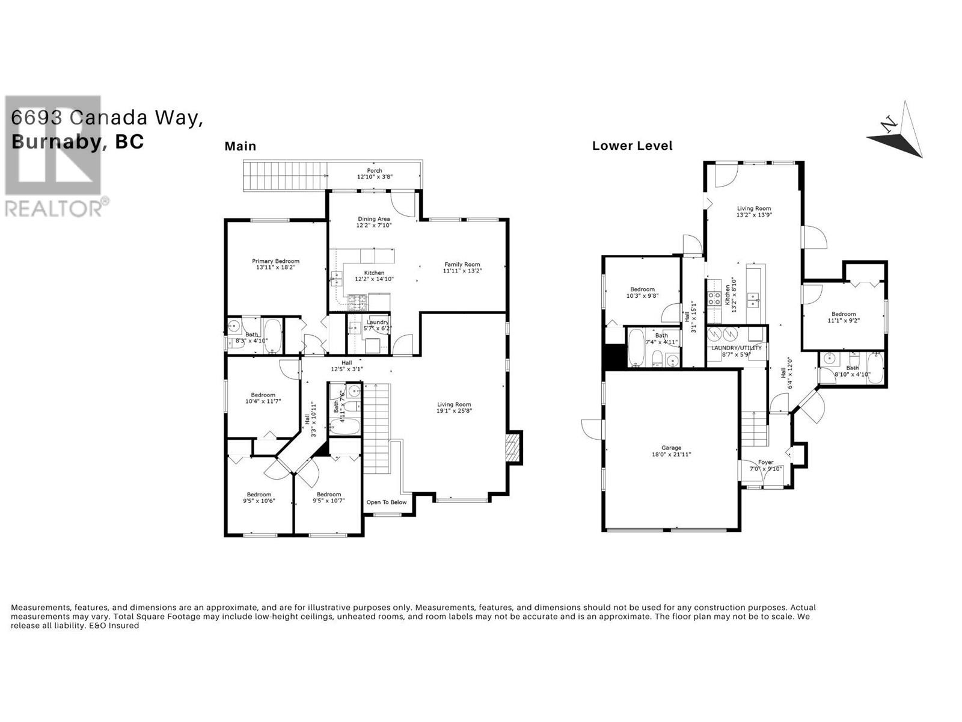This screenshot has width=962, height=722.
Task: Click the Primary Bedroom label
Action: click(x=275, y=261)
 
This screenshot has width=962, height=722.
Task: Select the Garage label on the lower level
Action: click(x=671, y=448)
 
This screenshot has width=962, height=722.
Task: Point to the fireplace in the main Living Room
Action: click(x=514, y=448)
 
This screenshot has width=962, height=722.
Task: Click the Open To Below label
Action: click(x=387, y=502)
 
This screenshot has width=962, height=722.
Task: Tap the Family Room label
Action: click(x=462, y=264)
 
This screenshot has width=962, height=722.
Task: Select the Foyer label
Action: click(x=765, y=462)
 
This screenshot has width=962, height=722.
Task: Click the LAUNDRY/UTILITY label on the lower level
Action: click(x=736, y=348)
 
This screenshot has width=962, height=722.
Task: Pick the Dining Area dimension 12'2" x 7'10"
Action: click(x=374, y=226)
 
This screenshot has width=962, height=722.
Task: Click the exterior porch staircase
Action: click(x=283, y=175)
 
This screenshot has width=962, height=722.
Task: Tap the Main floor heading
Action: click(x=240, y=146)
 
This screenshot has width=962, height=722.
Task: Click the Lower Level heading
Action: click(x=632, y=146)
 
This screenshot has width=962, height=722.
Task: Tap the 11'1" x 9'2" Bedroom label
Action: click(x=843, y=314)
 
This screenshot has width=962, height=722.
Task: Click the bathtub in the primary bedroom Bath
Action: click(x=272, y=336)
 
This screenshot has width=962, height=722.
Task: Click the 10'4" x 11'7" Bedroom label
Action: click(x=263, y=395)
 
